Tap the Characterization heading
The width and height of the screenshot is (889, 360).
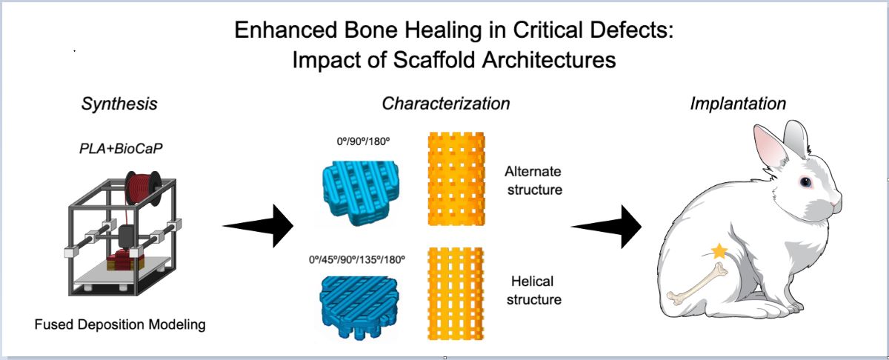pos(445,104)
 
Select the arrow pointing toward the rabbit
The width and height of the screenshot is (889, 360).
pos(605,224)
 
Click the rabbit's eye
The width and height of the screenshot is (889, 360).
pos(805,181)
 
